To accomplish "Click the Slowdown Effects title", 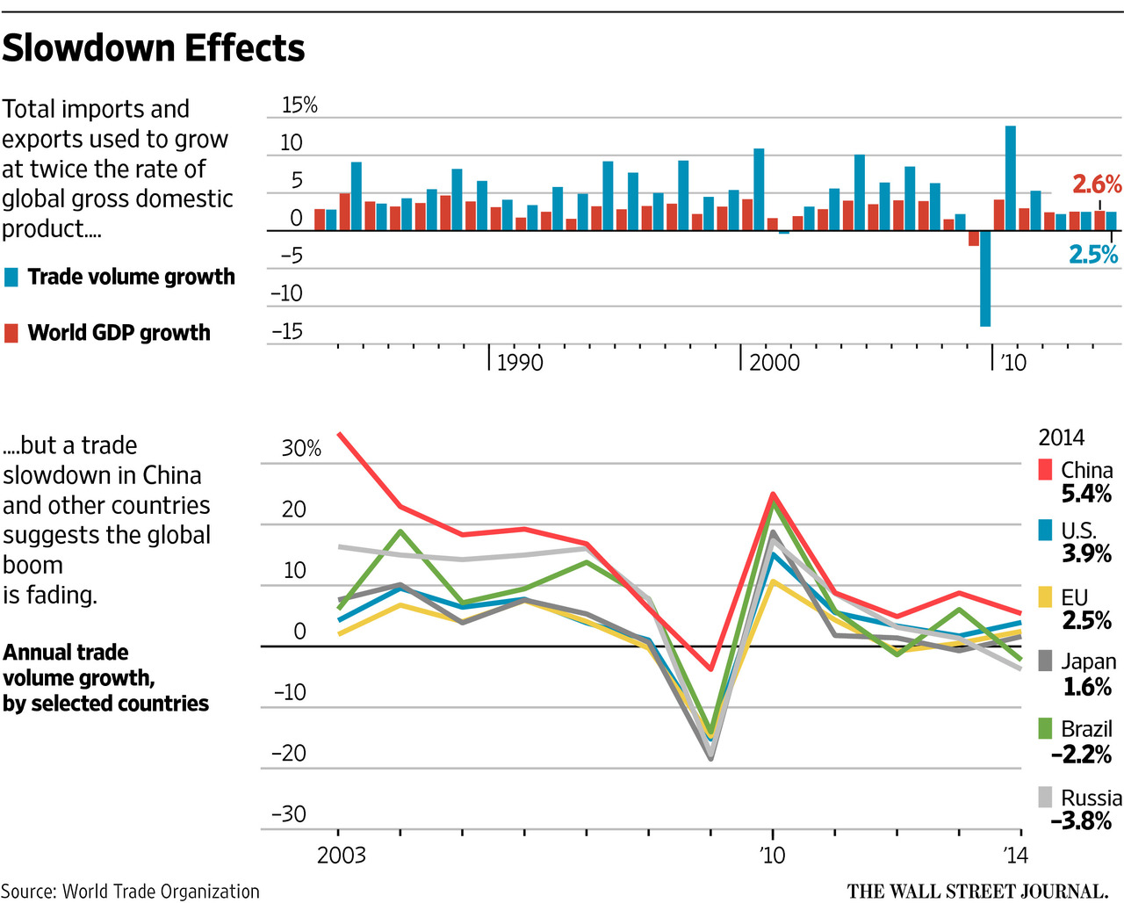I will tap(154, 48).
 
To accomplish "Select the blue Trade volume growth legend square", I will tap(11, 278).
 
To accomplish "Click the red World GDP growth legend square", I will tap(11, 333).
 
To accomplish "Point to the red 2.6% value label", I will tap(1096, 184).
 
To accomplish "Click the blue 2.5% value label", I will tap(1093, 255).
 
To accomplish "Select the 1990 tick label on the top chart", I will tap(520, 363).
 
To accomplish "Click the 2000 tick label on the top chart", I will tap(774, 363).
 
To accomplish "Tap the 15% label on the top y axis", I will tap(299, 105).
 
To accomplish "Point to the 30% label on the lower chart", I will tap(301, 449).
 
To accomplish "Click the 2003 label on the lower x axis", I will tap(341, 855).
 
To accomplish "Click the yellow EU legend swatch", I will tap(1045, 597).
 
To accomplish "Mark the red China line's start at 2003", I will tap(339, 434).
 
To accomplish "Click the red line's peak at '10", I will tap(773, 494).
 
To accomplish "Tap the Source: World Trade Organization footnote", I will tap(130, 892).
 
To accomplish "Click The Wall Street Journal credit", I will tap(976, 891).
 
